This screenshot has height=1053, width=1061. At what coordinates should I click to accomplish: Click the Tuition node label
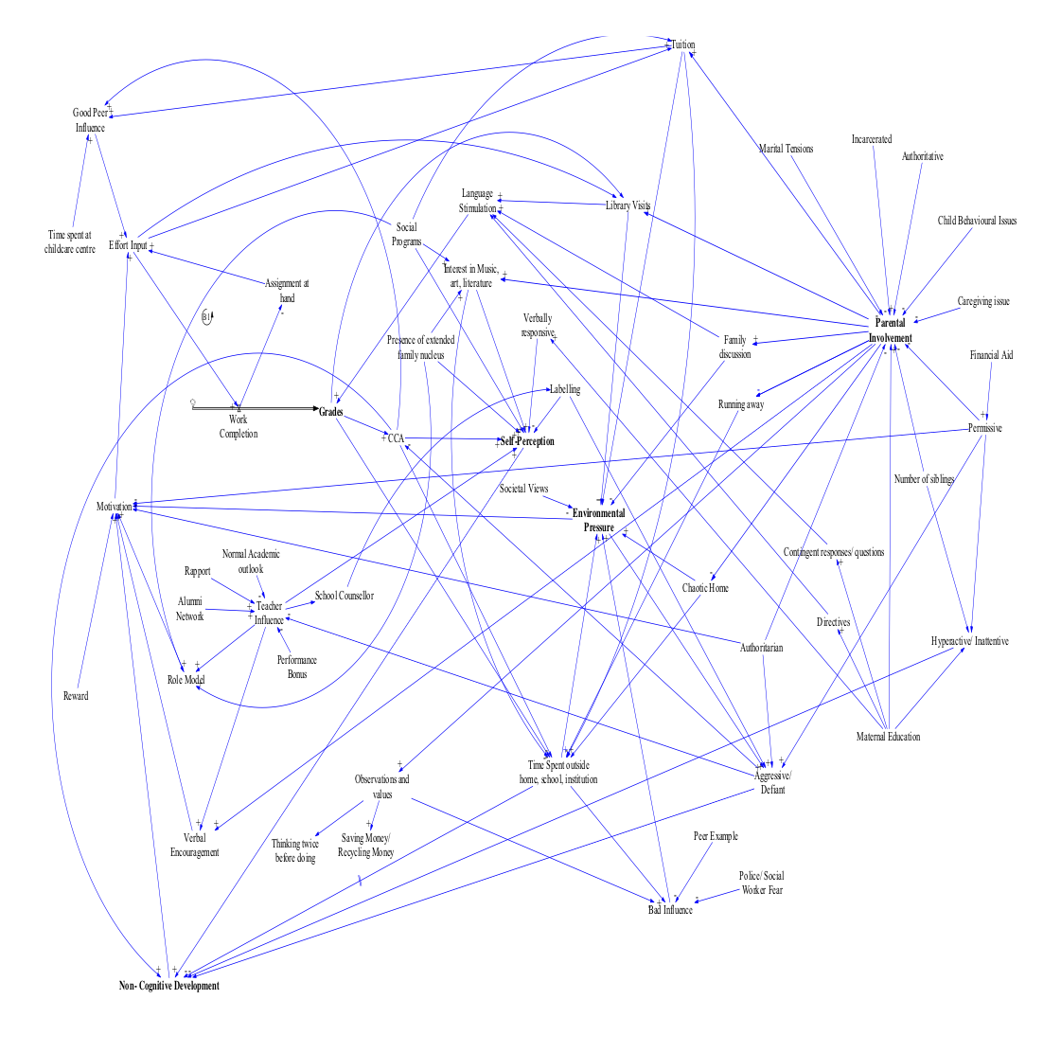click(x=683, y=45)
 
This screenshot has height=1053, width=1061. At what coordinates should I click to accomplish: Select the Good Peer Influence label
click(x=90, y=120)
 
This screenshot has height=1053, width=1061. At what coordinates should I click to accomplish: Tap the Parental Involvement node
click(x=890, y=330)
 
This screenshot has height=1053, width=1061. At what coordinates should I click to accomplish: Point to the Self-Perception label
click(x=527, y=442)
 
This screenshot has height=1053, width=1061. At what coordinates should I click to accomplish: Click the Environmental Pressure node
click(x=598, y=520)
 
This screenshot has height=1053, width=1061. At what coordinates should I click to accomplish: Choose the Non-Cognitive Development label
click(x=168, y=986)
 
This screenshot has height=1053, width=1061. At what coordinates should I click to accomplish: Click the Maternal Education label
click(x=888, y=737)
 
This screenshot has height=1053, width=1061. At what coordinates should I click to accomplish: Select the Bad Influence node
click(x=670, y=910)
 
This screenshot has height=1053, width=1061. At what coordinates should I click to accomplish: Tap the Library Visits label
click(x=628, y=205)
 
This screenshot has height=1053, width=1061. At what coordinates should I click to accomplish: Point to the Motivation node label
click(x=114, y=508)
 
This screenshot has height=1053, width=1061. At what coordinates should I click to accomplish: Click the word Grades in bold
click(x=330, y=412)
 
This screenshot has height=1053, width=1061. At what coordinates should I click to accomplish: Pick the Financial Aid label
click(x=991, y=355)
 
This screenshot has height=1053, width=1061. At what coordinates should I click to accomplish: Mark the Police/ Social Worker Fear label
click(x=761, y=883)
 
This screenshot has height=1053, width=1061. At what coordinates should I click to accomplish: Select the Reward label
click(x=76, y=696)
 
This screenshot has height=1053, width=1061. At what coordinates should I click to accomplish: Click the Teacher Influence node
click(x=269, y=613)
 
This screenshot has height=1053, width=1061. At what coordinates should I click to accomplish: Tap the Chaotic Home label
click(x=705, y=588)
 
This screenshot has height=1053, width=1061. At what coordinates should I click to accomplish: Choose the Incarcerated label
click(x=871, y=139)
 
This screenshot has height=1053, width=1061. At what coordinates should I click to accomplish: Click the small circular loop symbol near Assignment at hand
click(x=207, y=316)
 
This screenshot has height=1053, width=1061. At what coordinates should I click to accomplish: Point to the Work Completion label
click(x=238, y=426)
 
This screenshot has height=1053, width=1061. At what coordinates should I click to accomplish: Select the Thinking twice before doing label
click(x=294, y=850)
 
